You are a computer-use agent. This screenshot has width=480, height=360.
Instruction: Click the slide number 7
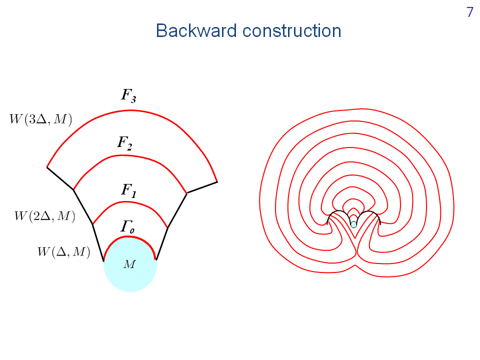coord(469,13)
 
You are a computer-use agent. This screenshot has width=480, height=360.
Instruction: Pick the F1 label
coord(128,189)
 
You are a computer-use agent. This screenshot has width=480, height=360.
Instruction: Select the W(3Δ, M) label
coord(41,119)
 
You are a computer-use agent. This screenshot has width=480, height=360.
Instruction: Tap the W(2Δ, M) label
coord(44,216)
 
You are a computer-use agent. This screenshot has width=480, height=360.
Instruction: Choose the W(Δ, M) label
coord(63,251)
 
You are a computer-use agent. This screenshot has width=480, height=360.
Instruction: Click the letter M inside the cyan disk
coord(129,264)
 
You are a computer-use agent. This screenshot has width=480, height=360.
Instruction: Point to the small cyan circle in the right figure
coord(353,224)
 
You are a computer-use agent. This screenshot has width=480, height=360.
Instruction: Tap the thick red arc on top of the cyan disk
coord(130,237)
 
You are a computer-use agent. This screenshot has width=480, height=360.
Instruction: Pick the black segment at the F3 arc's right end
coord(202,187)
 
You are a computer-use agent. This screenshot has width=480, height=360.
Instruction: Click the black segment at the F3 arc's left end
coord(60,178)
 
